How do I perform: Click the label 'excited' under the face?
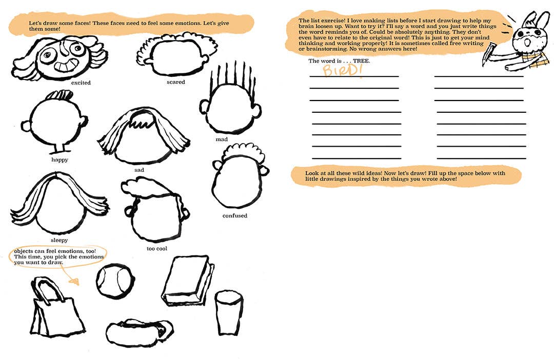[81, 83]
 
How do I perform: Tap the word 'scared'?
[175, 82]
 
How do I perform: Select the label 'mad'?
[222, 139]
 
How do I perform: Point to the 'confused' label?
[235, 216]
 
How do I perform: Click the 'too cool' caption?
[157, 249]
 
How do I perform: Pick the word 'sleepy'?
[60, 240]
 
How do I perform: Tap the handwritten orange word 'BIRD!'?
[342, 70]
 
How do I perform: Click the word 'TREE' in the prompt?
[361, 61]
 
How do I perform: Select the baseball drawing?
[115, 281]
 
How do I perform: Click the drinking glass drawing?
[229, 312]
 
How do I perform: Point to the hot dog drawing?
[140, 331]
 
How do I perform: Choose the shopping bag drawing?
[58, 308]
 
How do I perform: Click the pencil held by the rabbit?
[488, 54]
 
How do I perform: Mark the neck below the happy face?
[62, 148]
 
